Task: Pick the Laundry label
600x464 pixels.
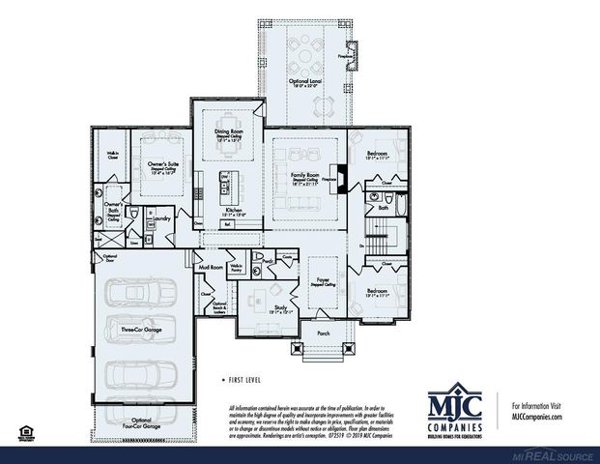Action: coord(161,219)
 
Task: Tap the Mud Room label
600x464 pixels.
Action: coord(210,266)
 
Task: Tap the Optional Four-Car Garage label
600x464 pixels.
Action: coord(140,423)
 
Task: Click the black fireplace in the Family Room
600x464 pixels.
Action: coord(340,180)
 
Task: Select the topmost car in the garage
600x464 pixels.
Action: coord(139,293)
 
